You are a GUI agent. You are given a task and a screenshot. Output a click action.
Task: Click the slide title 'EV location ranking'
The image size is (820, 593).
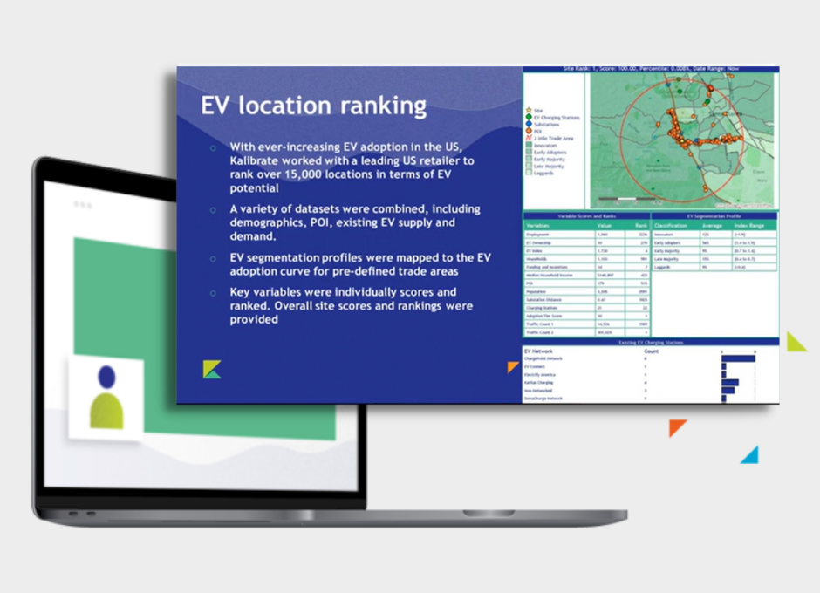(x=313, y=106)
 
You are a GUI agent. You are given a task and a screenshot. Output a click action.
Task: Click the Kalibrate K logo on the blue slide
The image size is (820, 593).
(x=212, y=370)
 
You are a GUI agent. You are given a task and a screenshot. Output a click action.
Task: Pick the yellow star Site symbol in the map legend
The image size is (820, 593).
(x=528, y=110)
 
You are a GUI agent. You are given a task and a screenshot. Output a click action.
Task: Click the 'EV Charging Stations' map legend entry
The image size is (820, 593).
(x=553, y=117)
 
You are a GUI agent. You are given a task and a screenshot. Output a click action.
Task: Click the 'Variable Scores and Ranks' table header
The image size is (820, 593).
(x=586, y=215)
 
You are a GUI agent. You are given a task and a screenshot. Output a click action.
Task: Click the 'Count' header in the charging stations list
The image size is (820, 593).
(x=651, y=351)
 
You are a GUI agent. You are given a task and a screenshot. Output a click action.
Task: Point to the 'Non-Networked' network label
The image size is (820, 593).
(x=542, y=391)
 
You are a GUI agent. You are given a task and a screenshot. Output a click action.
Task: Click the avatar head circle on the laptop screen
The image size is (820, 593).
(x=106, y=377)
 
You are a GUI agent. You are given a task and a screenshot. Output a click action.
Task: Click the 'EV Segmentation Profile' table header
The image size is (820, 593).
(x=714, y=215)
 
